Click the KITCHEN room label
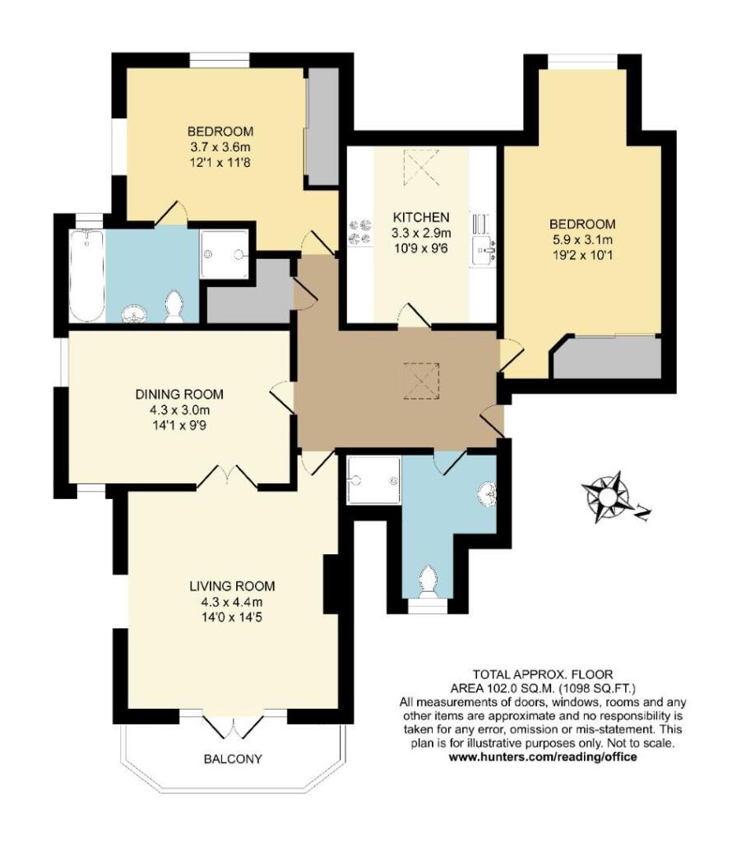coord(420,217)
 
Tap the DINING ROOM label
coord(178,394)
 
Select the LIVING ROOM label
coord(231,586)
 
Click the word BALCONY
coord(232,759)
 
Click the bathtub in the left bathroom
coord(86,275)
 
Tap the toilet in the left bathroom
coord(174,308)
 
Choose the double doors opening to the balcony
coord(232,726)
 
